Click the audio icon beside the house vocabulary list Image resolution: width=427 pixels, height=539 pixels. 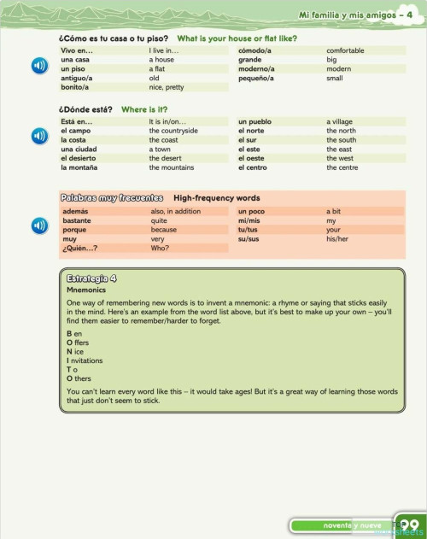pos(39,67)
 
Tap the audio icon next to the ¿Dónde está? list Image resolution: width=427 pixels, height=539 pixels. pos(39,137)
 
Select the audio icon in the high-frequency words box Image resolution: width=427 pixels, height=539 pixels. pos(39,226)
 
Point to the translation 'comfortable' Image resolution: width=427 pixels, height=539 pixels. pos(345,50)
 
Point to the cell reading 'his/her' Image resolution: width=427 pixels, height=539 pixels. pos(337,239)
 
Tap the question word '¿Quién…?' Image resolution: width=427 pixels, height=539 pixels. pos(79,249)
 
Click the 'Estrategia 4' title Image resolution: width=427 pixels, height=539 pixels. pos(91,278)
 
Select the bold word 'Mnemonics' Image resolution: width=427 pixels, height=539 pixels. pos(85,290)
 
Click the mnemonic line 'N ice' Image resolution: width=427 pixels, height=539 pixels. pos(75,350)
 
